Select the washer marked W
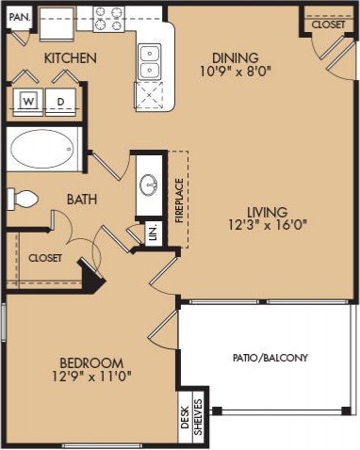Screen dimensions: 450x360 pyautogui.click(x=28, y=101)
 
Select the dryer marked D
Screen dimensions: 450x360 pyautogui.click(x=60, y=101)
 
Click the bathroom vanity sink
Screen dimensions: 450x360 pyautogui.click(x=151, y=185)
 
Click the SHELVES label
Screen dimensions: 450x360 pyautogui.click(x=198, y=415)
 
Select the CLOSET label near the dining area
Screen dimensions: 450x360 pyautogui.click(x=327, y=25)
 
